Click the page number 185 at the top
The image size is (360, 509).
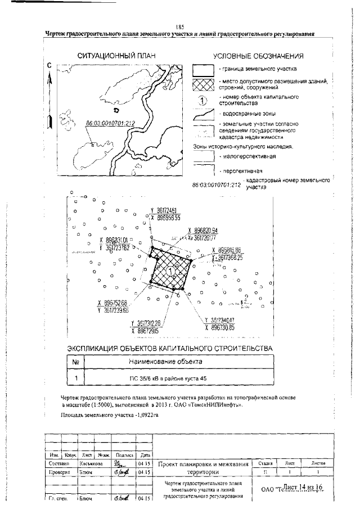point(179,27)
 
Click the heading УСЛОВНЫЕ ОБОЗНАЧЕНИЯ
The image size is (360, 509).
point(259,56)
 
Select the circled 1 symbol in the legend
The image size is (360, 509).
point(203,100)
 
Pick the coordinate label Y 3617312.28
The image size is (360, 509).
point(145,323)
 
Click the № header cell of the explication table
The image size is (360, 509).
point(75,362)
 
